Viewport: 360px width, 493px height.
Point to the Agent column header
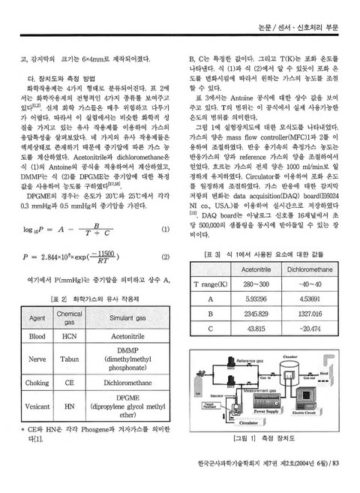(x=37, y=318)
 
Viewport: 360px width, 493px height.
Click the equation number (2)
(x=164, y=257)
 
